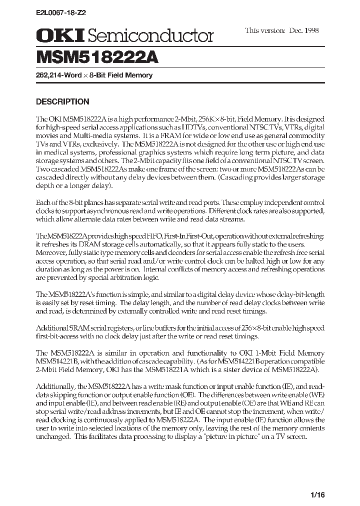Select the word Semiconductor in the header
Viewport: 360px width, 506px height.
151,35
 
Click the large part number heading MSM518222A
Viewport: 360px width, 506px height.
97,57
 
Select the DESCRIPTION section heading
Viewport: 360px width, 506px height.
62,101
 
